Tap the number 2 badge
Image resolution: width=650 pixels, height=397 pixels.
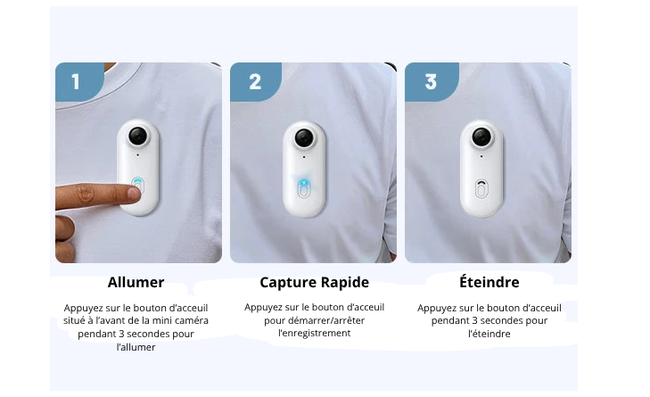tap(255, 82)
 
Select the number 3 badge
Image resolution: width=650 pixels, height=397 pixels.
tap(432, 82)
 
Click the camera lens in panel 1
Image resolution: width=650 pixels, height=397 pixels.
tap(138, 136)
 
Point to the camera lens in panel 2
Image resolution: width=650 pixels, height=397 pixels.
tap(304, 137)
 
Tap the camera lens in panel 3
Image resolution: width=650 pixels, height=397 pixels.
tap(481, 136)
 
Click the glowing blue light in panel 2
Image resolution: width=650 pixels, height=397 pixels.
tap(304, 183)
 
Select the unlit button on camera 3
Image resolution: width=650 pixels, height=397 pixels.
tap(481, 189)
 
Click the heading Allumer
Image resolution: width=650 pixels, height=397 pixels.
tap(136, 283)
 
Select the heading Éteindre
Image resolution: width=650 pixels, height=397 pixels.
tap(490, 282)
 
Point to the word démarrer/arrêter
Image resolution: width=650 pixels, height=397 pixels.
tap(326, 320)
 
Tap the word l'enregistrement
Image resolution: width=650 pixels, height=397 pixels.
tap(314, 333)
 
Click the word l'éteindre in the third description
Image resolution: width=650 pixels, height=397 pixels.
tap(490, 334)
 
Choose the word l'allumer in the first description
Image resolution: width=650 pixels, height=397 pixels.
tap(136, 347)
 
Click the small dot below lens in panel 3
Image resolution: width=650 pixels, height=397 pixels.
tap(481, 157)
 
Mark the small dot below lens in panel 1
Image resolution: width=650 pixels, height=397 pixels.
tap(137, 155)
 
